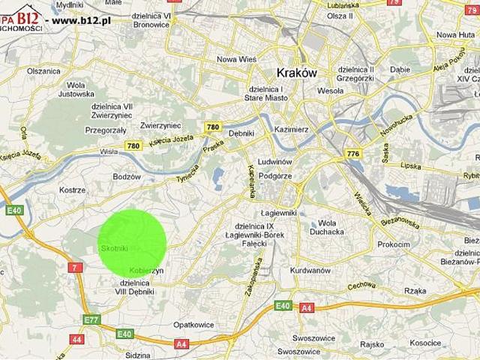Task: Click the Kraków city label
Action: pos(297,73)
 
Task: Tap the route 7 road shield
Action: pos(75,268)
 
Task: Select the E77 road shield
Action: pos(91,320)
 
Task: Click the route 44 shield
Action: pos(76,339)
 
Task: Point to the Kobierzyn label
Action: pos(146,270)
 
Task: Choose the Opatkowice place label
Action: pos(193,325)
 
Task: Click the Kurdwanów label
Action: pos(310,270)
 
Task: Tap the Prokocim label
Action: pos(394,244)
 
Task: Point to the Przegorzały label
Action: pos(106,130)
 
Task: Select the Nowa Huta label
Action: pos(456,34)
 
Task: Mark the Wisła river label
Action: pos(109,151)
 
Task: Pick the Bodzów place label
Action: pos(126,177)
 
